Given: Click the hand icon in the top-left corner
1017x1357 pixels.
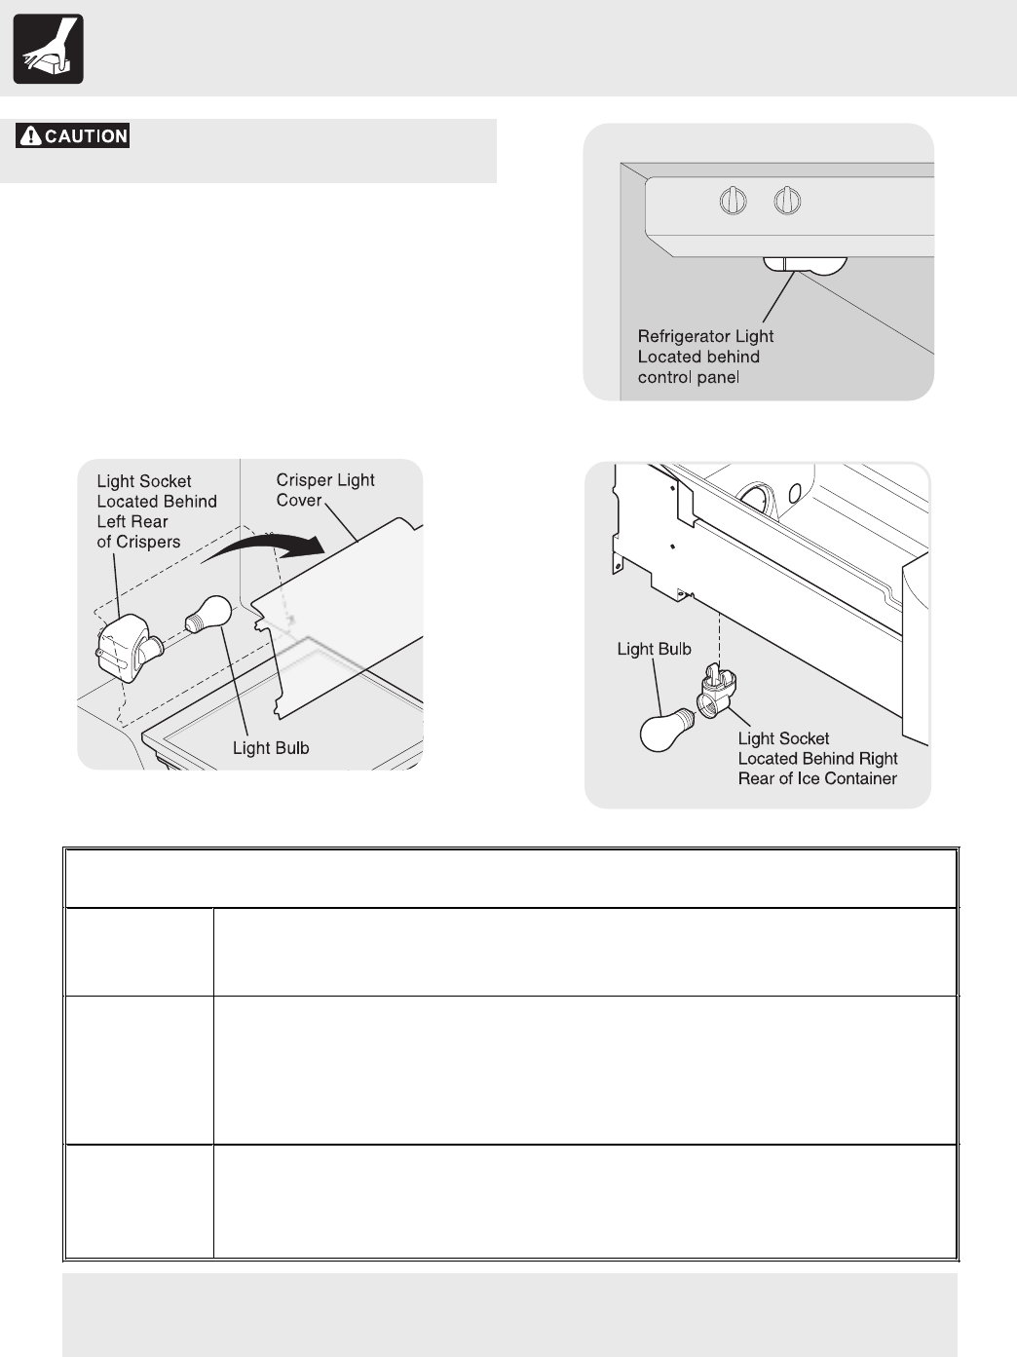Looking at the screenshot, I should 48,49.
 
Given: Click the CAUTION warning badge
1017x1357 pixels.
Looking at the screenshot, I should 73,136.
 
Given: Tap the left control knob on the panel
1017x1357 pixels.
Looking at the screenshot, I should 733,202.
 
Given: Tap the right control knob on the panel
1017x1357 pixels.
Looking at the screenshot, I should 787,202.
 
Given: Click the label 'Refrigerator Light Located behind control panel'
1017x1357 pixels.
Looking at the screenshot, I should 704,357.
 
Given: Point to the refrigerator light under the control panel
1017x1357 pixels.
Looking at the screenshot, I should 804,263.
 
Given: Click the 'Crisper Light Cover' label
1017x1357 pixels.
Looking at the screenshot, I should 324,490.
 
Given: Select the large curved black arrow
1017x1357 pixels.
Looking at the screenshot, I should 267,551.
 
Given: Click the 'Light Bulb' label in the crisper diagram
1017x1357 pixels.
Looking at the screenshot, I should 271,748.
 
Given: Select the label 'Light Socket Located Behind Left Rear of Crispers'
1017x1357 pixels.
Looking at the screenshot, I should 156,511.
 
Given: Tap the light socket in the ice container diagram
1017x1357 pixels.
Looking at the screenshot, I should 719,694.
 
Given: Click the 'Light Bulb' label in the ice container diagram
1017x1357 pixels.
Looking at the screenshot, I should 654,649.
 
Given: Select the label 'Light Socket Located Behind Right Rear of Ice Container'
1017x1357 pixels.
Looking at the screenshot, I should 816,759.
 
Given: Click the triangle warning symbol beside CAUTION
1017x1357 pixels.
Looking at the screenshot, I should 30,136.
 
